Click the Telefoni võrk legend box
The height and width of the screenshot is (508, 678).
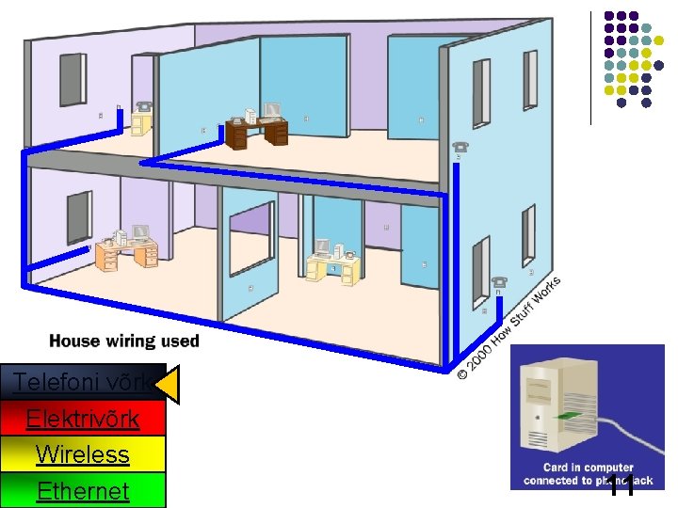[x=83, y=382]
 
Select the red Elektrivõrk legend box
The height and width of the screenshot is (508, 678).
[x=83, y=418]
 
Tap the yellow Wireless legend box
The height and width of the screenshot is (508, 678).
[x=83, y=453]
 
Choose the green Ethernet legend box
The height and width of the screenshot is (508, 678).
[x=83, y=490]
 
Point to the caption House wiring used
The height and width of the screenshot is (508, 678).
[x=123, y=341]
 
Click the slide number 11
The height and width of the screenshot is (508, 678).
[x=619, y=485]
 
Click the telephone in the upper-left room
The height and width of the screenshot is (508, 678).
[x=144, y=106]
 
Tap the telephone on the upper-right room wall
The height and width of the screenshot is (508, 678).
[x=460, y=147]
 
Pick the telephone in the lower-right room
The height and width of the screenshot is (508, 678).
[x=499, y=281]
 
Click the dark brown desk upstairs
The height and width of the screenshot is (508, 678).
[x=255, y=131]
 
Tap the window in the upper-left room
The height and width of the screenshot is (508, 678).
[x=73, y=78]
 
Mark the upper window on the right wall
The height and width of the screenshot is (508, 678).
[x=481, y=90]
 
